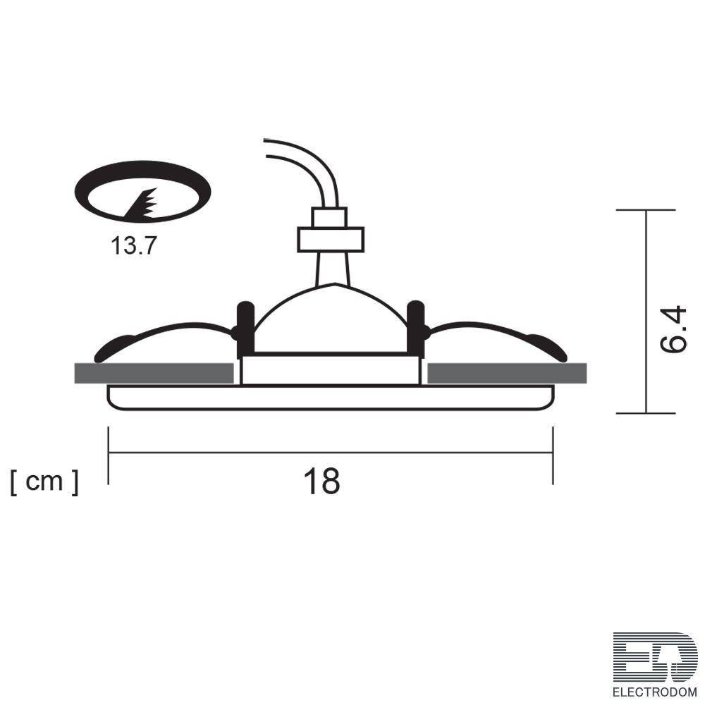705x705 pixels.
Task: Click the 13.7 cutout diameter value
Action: point(133,245)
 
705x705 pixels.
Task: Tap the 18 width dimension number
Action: point(322,481)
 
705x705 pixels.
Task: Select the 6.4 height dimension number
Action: point(673,329)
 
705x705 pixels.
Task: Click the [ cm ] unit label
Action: point(44,482)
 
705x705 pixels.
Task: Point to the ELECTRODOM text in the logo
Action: point(655,692)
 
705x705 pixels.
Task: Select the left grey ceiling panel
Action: point(154,373)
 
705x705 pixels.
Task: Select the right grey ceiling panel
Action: point(507,373)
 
